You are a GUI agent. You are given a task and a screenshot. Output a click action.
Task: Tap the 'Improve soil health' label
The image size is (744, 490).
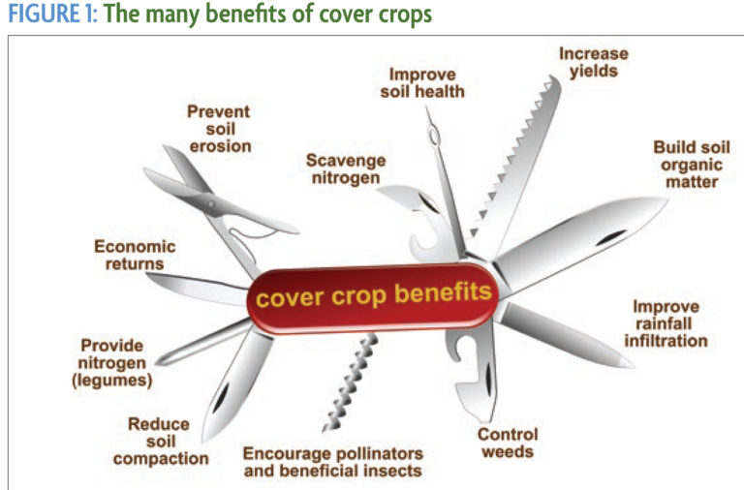[x=426, y=82]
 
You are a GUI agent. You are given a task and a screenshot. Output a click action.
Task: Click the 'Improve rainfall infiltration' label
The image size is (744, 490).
[x=669, y=323]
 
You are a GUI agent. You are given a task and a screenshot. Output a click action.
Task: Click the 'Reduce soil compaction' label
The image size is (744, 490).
[x=160, y=441]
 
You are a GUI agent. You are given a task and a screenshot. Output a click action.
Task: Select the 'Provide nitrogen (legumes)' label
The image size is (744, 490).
[x=112, y=363]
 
